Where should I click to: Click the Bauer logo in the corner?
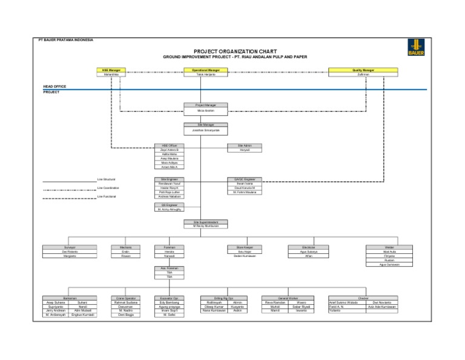(x=416, y=47)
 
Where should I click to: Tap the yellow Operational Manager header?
(x=206, y=70)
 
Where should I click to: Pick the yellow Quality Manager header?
(x=363, y=70)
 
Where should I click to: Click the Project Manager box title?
(x=206, y=105)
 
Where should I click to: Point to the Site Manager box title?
(x=206, y=125)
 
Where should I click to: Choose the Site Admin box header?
(x=244, y=145)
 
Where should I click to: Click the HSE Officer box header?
(x=169, y=145)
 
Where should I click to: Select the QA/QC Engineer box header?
(x=244, y=179)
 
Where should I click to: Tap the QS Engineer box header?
(x=169, y=205)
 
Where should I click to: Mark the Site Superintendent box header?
(x=206, y=222)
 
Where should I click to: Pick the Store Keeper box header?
(x=244, y=247)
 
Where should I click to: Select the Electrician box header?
(x=309, y=247)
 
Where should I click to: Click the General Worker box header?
(x=288, y=298)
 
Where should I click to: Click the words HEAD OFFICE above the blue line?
(x=54, y=87)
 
